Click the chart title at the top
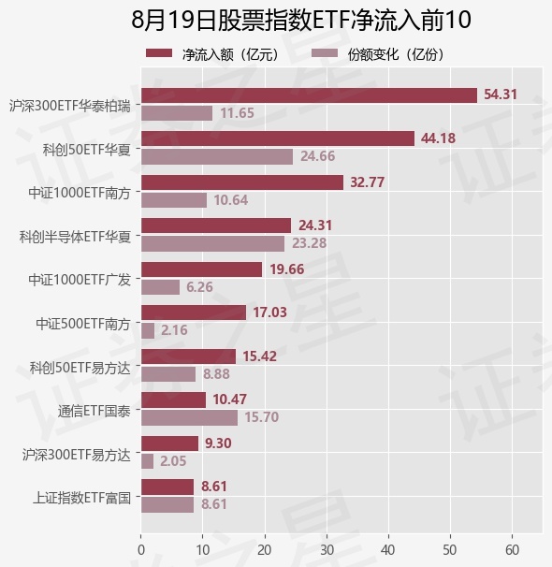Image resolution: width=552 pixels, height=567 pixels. [300, 21]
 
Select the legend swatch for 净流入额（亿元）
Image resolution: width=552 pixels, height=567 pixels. [159, 53]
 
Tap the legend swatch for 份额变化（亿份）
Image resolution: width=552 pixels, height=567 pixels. [325, 53]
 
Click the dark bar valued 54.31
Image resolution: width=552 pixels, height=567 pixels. [309, 95]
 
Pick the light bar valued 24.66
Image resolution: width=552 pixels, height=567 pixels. [217, 156]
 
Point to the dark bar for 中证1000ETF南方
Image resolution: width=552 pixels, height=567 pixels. [242, 182]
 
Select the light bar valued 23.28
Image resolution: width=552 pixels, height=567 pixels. [213, 243]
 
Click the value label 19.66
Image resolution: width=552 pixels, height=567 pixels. [287, 269]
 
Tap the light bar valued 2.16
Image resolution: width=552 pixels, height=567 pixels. [148, 330]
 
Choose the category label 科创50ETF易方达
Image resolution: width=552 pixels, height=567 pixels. [80, 368]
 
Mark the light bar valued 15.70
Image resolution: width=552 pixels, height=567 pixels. [189, 417]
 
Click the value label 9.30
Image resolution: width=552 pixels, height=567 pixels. [218, 443]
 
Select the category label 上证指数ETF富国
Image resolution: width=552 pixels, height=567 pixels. [81, 498]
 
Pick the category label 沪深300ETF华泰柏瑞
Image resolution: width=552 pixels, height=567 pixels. [70, 107]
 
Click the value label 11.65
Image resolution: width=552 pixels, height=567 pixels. [237, 113]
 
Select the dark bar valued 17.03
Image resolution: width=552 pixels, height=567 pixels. [194, 313]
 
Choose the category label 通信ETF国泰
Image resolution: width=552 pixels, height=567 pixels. [94, 411]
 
